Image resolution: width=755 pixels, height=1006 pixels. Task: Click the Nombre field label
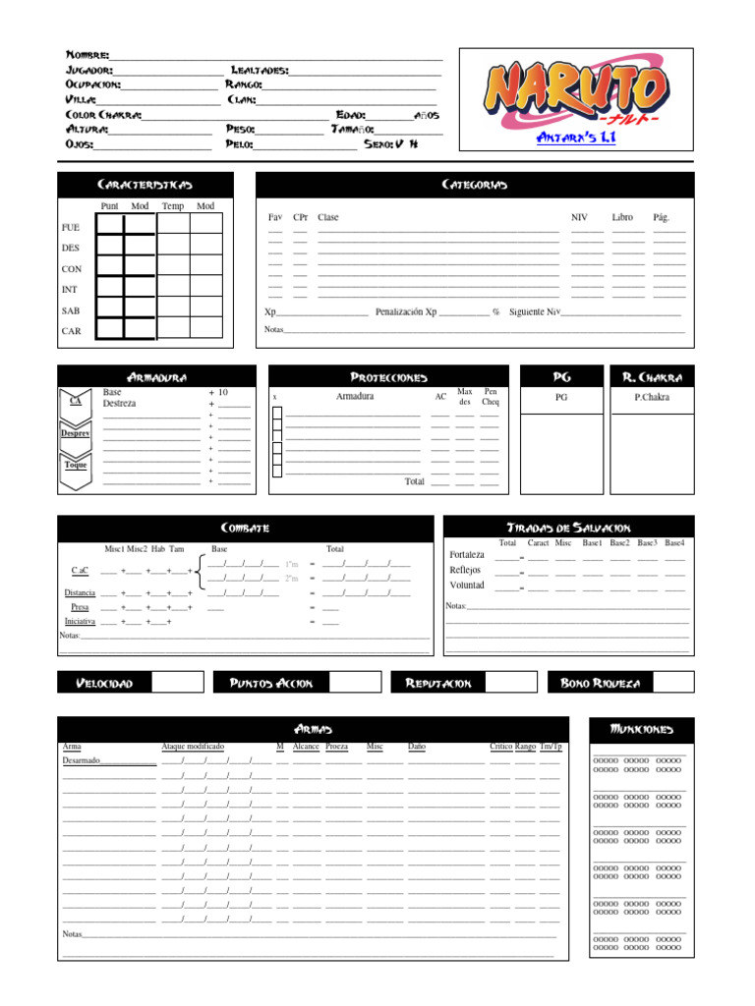87,55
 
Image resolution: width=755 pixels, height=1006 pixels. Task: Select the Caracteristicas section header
145,185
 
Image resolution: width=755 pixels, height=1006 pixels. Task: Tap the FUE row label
71,227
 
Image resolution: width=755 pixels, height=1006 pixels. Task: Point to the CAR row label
72,331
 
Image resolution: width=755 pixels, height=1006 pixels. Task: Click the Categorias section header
475,185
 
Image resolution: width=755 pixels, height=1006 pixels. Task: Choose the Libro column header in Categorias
622,217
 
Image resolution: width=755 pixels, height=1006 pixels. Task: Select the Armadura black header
157,377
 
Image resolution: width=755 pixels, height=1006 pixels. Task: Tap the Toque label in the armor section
76,465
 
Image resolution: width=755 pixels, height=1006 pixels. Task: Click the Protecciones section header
388,377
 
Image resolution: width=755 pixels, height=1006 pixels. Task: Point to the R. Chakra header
653,377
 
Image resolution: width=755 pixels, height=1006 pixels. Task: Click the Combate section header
244,528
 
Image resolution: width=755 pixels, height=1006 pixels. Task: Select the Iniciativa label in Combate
80,622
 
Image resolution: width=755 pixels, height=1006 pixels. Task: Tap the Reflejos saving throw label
466,570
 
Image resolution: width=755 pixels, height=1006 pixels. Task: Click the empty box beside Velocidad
178,682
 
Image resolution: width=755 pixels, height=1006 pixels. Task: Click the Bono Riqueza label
600,682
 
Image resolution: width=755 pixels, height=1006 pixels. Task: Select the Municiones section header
642,729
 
